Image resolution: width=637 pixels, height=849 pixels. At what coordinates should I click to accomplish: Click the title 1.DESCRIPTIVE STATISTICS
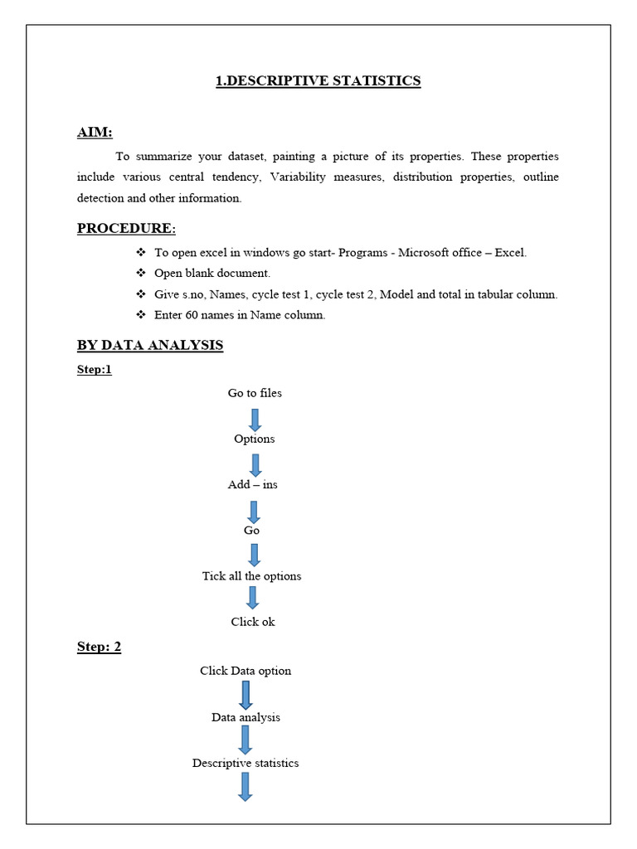coord(318,80)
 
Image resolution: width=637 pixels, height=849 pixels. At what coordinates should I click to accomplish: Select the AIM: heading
coord(95,133)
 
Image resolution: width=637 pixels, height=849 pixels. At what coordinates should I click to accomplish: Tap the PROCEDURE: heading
coord(126,228)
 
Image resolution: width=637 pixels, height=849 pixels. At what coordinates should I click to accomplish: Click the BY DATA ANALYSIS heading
coord(150,345)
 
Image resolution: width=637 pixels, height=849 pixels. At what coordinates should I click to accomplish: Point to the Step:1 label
coord(94,370)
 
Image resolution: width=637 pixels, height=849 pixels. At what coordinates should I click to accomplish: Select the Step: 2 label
coord(99,647)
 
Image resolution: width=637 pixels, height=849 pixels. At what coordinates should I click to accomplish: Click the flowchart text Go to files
coord(255,393)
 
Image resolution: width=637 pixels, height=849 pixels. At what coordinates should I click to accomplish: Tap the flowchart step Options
coord(254,439)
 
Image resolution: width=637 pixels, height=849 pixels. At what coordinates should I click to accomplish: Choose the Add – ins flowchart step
coord(253,484)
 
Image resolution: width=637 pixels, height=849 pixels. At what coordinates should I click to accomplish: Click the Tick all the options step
coord(251,575)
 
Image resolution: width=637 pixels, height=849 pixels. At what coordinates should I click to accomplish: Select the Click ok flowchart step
coord(253,621)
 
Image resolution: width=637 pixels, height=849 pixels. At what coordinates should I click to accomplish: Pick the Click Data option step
coord(246,671)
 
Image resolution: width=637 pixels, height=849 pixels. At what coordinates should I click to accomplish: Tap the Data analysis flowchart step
coord(246,717)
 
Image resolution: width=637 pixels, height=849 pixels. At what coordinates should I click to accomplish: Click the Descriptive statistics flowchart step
coord(246,763)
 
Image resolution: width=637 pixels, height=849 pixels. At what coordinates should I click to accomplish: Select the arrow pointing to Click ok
coord(253,598)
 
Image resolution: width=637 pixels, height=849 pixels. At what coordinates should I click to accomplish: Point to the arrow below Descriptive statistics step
coord(246,786)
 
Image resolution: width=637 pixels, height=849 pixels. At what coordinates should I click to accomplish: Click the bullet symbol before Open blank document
coord(139,273)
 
